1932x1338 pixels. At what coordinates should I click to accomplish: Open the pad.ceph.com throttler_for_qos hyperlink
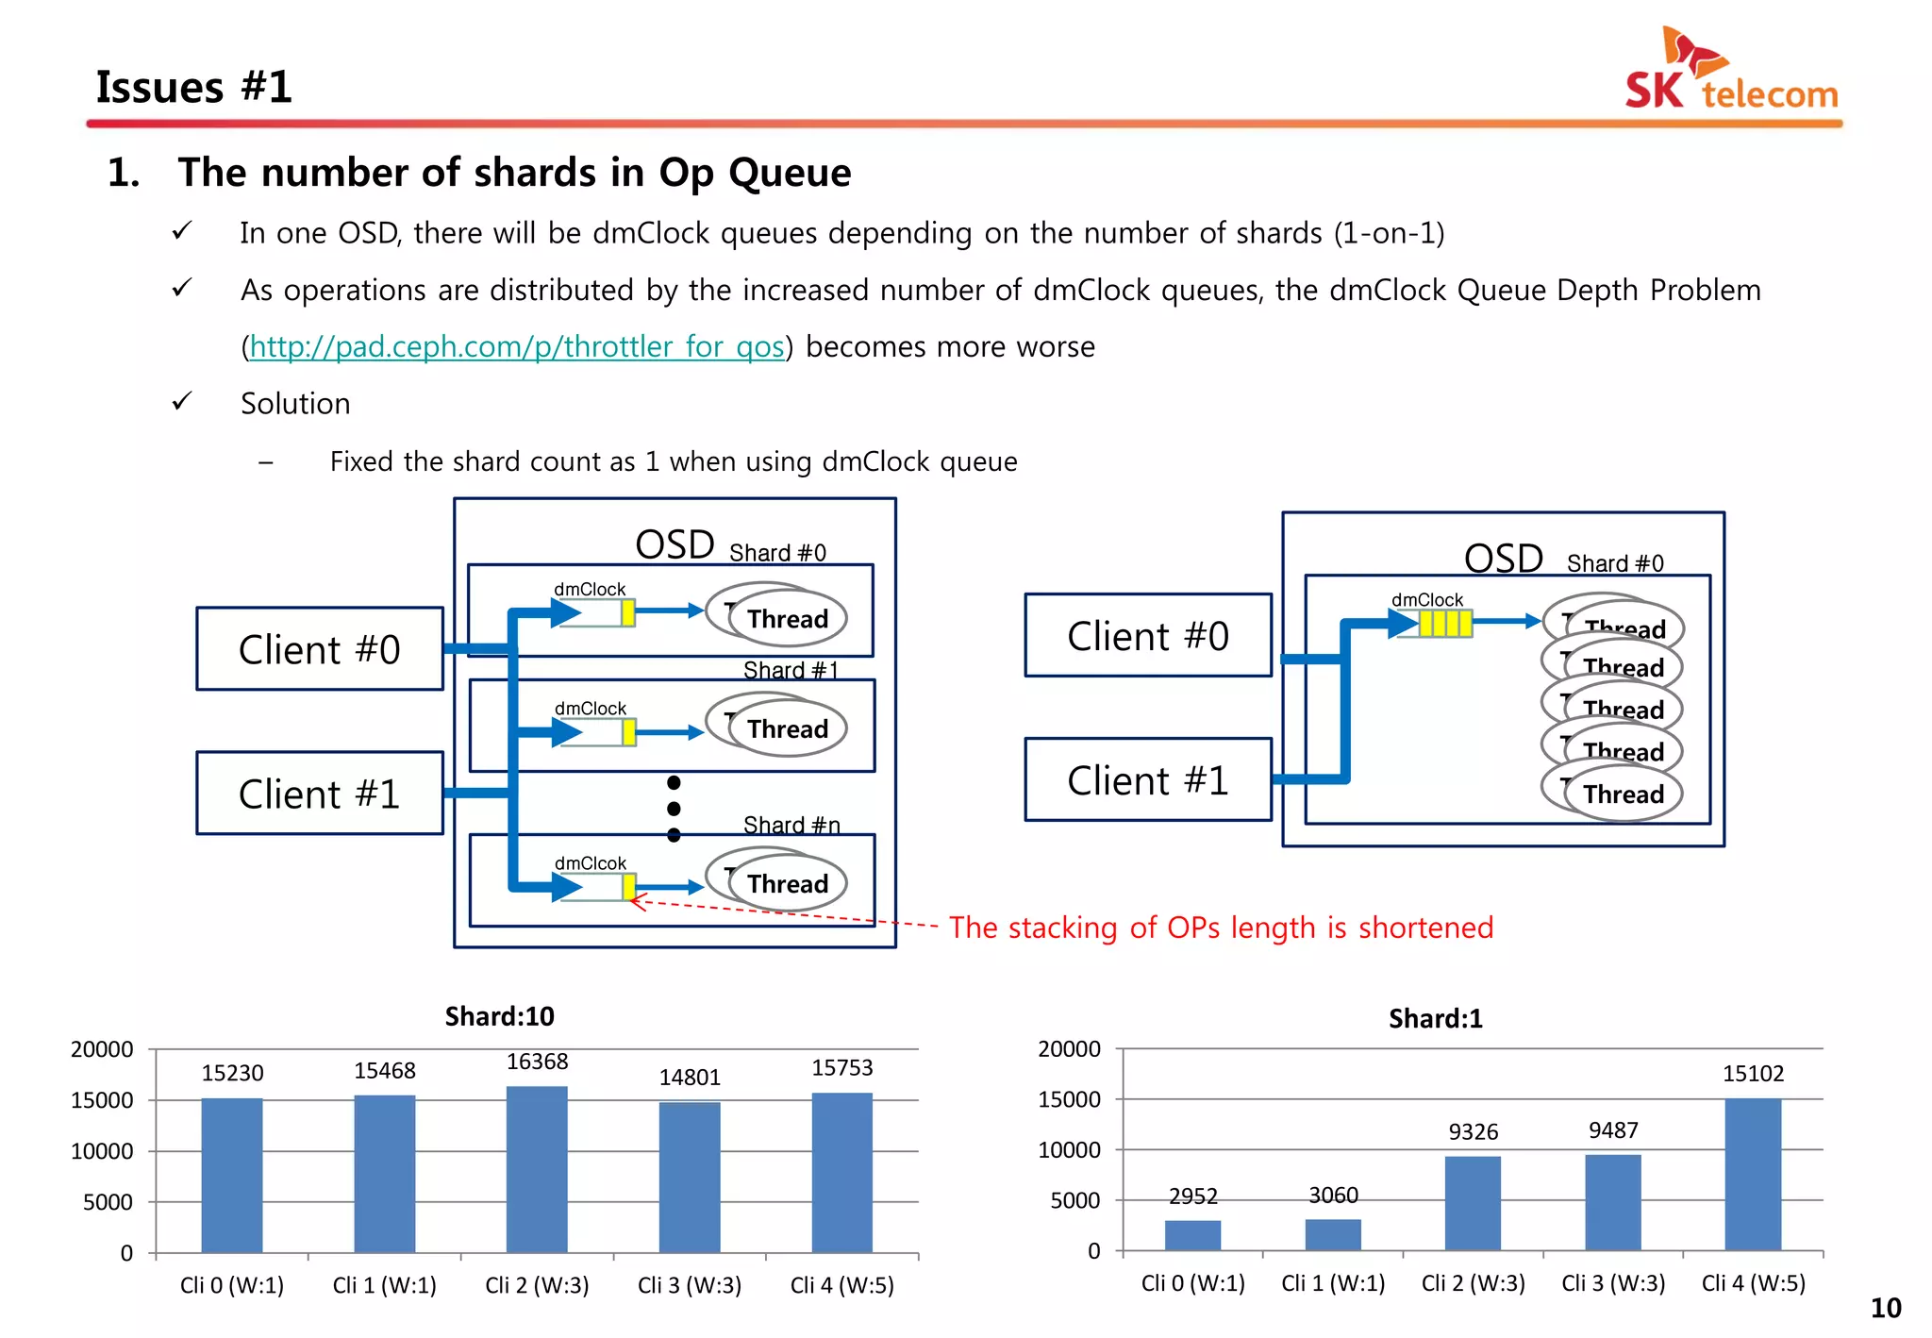pos(517,346)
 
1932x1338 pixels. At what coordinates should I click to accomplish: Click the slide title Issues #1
pos(193,87)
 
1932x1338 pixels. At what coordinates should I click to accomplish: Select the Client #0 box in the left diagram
pos(319,649)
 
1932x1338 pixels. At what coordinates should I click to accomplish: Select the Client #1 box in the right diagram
pos(1147,780)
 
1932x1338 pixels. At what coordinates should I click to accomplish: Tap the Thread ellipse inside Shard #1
pos(786,728)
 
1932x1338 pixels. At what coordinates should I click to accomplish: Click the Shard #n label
pos(791,825)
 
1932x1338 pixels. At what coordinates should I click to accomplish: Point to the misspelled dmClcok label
pos(590,863)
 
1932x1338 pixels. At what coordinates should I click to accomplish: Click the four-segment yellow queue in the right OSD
pos(1444,623)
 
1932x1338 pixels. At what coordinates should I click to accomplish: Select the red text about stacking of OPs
pos(1221,928)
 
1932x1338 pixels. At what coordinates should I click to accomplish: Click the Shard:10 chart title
pos(499,1016)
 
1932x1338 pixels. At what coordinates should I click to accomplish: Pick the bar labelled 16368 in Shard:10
pos(537,1170)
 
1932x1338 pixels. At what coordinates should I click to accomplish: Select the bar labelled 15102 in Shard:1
pos(1752,1175)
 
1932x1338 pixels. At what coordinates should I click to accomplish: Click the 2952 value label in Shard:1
pos(1192,1196)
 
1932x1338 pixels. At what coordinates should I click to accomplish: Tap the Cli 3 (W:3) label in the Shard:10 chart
pos(689,1285)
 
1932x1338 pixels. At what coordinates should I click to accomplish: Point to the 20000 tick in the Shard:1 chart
pos(1069,1049)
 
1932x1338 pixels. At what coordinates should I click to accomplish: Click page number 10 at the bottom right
pos(1885,1309)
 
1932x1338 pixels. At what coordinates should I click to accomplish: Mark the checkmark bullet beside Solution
pos(182,402)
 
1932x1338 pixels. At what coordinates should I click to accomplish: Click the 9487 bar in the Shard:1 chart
pos(1612,1202)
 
